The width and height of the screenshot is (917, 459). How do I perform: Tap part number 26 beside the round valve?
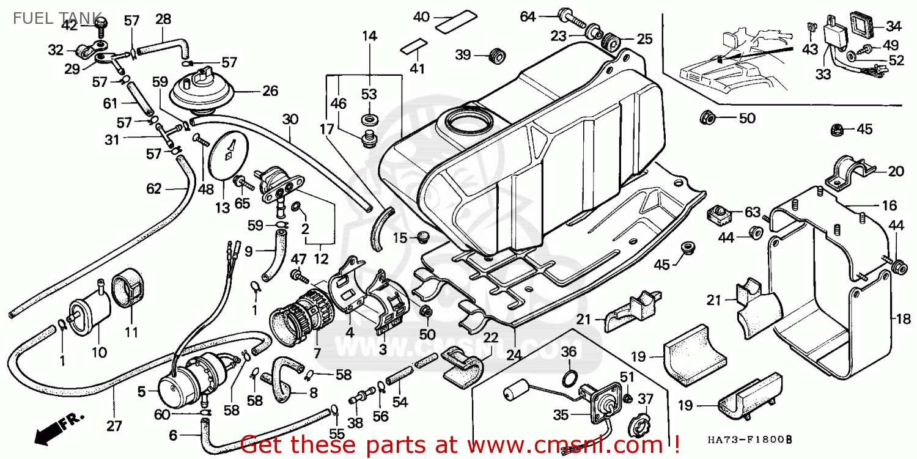pyautogui.click(x=270, y=92)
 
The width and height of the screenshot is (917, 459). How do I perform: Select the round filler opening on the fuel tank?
pyautogui.click(x=468, y=122)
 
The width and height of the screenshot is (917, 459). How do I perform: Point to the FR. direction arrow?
pyautogui.click(x=58, y=428)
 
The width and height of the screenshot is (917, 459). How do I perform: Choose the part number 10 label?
pyautogui.click(x=99, y=352)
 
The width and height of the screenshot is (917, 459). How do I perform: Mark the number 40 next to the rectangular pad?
pyautogui.click(x=422, y=17)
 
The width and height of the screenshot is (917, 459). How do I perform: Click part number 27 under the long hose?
pyautogui.click(x=114, y=425)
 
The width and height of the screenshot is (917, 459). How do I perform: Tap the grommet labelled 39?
pyautogui.click(x=496, y=56)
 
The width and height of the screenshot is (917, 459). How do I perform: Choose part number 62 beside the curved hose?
pyautogui.click(x=153, y=189)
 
